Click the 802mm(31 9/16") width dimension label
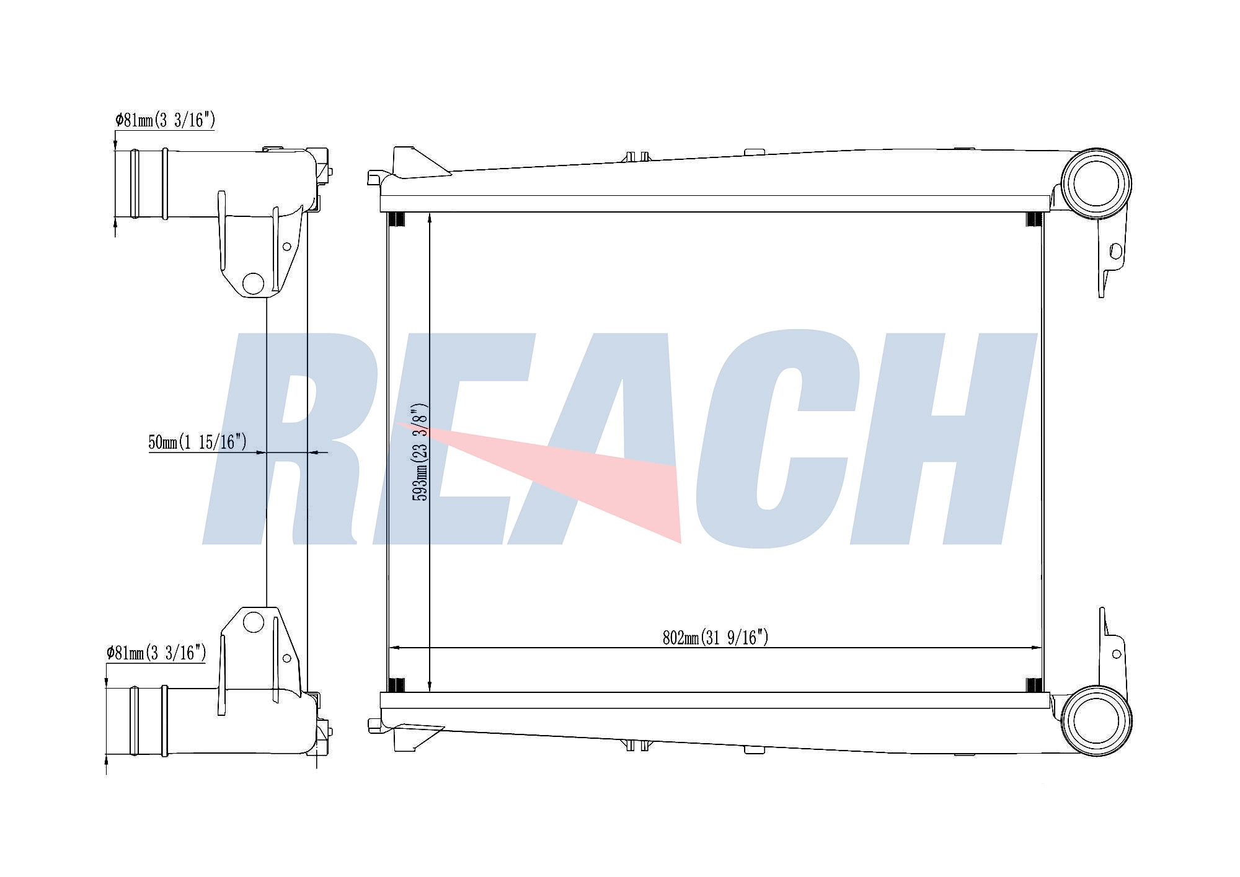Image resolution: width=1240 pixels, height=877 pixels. (715, 637)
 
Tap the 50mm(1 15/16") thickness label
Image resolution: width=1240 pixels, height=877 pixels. (198, 442)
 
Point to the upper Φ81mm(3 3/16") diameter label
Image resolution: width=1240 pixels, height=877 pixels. (165, 120)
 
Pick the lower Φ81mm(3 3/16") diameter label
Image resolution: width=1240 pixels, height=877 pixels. (156, 652)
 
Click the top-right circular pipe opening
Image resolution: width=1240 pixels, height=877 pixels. (1096, 183)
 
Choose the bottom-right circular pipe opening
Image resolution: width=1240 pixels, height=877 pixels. (1096, 721)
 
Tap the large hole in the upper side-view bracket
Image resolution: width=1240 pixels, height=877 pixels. (254, 283)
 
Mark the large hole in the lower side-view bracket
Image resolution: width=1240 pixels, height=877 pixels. (254, 622)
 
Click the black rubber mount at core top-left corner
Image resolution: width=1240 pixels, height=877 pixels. (396, 219)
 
